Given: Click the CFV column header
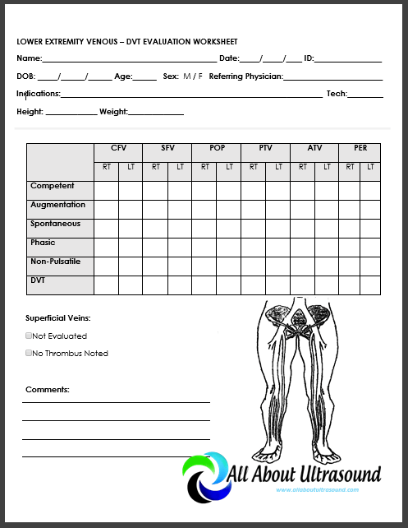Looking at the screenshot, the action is click(118, 148).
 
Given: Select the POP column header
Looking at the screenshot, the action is click(217, 148).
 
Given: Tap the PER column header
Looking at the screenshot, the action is click(360, 148).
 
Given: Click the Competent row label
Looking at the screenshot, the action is click(53, 186).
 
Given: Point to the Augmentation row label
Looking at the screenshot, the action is click(57, 205).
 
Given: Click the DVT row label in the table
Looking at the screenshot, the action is click(39, 280).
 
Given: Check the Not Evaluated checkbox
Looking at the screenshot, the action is click(29, 336).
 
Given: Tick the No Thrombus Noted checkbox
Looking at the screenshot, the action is click(29, 354).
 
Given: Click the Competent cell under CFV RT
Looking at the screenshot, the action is click(106, 190).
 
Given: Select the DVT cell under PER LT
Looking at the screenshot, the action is click(371, 285).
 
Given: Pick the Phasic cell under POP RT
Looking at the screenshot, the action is click(204, 247).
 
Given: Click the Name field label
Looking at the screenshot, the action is click(29, 58).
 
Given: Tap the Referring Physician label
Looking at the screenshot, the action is click(245, 76).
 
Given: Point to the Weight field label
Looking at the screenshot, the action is click(113, 111).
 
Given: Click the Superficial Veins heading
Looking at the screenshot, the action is click(58, 317).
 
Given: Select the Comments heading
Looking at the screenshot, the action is click(48, 389).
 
